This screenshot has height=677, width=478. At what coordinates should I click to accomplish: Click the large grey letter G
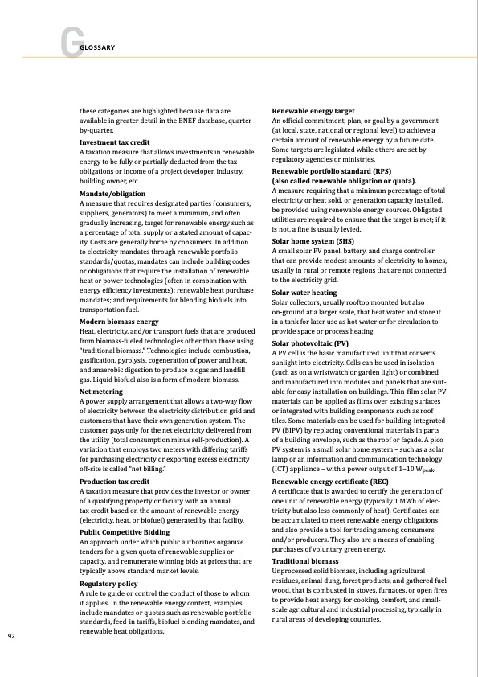[69, 45]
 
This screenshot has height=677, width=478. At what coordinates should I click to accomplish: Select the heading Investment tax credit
[114, 142]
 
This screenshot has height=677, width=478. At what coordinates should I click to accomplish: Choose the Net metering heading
[100, 392]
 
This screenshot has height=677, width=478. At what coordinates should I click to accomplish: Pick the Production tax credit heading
[115, 481]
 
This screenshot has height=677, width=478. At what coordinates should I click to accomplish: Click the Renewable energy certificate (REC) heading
[329, 481]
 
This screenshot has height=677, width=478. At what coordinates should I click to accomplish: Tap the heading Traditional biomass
[306, 559]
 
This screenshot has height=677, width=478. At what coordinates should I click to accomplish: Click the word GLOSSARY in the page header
[96, 47]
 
